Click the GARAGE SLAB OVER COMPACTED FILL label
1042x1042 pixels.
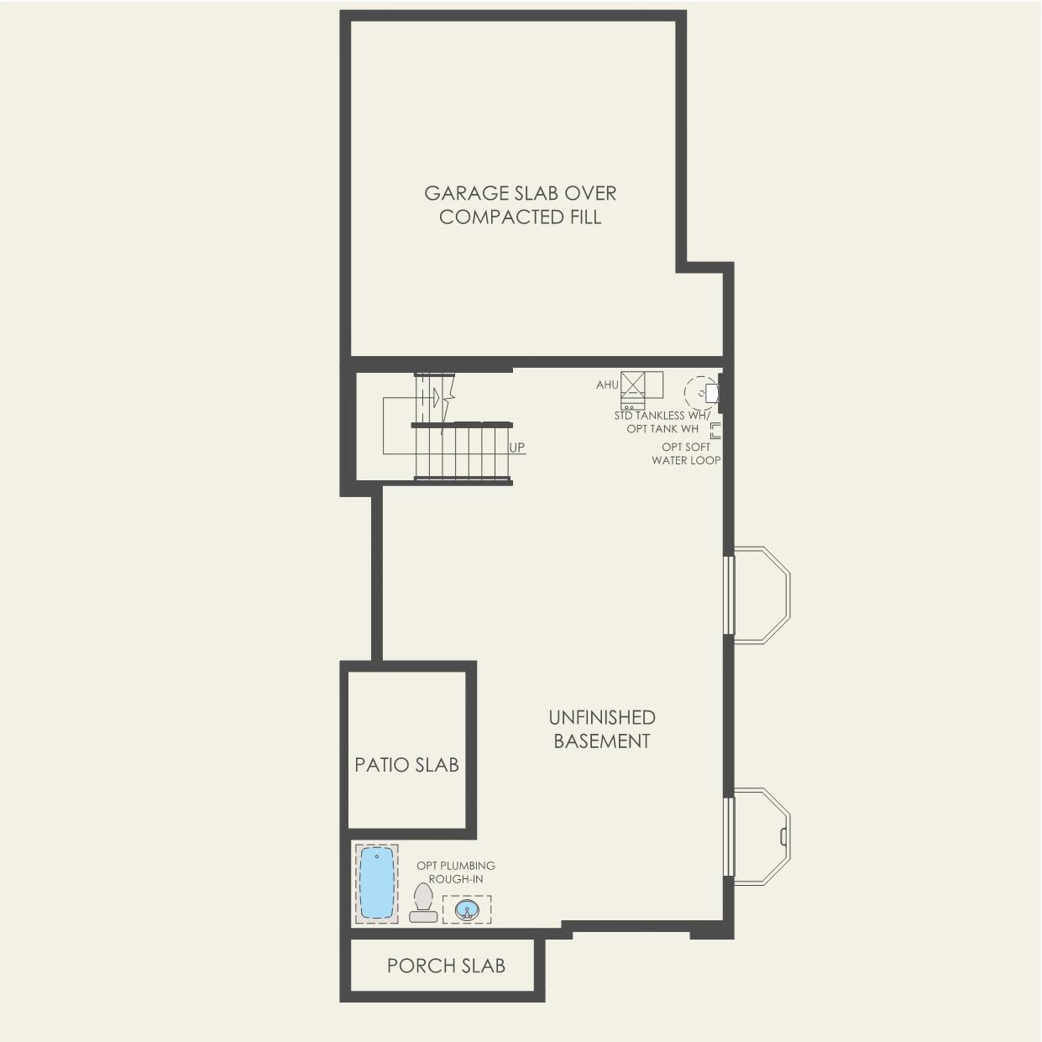[520, 205]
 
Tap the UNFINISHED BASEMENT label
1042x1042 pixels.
[601, 729]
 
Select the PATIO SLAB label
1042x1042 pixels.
[407, 765]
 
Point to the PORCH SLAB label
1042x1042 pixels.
[446, 966]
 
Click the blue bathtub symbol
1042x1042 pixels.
[377, 883]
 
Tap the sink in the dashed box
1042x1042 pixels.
[467, 909]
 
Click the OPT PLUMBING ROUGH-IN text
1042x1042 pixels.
[456, 872]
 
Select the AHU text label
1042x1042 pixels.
[607, 385]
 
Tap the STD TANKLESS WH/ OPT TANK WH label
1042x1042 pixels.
[662, 422]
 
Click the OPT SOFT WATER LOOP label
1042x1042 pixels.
[686, 453]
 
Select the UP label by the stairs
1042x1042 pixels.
[517, 448]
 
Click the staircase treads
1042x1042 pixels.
[461, 452]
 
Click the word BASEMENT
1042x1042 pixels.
[601, 741]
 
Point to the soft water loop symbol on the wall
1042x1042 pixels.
[715, 431]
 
